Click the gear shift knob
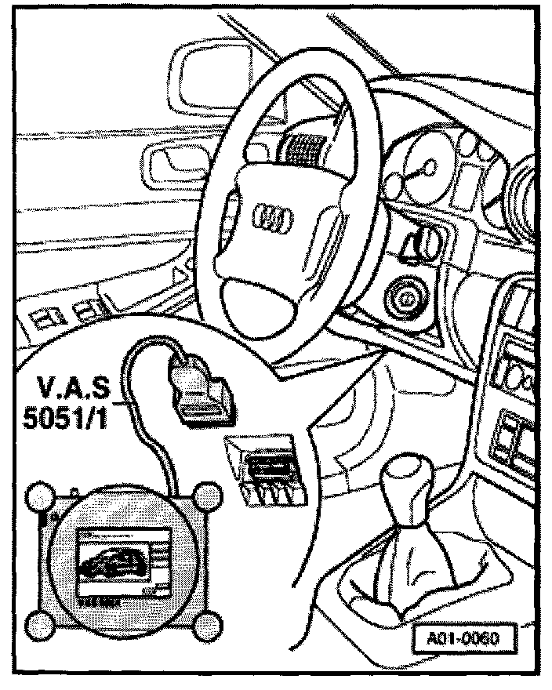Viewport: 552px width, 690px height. pyautogui.click(x=408, y=478)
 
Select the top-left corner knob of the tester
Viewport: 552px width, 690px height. pyautogui.click(x=39, y=497)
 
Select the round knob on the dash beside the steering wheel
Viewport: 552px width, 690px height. pyautogui.click(x=406, y=298)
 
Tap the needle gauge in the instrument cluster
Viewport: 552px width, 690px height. pyautogui.click(x=428, y=168)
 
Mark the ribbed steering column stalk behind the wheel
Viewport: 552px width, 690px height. pyautogui.click(x=303, y=146)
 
